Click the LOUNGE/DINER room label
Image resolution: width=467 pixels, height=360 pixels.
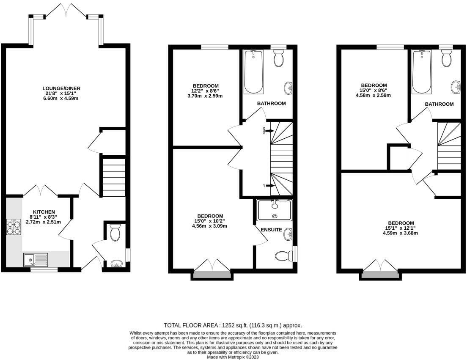61,88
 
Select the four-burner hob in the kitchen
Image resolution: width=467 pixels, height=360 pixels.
14,227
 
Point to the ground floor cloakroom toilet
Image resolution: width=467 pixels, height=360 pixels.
115,233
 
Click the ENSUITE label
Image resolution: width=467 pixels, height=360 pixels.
271,230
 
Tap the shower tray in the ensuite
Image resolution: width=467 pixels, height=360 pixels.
275,210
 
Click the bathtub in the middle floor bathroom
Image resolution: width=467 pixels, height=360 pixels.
253,72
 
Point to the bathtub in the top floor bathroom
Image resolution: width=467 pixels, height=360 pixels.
421,72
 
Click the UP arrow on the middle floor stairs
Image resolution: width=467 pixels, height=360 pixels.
269,186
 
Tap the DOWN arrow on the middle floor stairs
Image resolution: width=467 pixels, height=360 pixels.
269,131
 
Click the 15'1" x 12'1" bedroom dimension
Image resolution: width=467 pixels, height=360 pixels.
401,228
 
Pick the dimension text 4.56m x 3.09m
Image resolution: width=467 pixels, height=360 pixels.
210,226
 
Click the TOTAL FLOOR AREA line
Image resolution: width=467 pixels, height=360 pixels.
233,325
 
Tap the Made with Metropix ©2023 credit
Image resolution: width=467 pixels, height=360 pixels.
233,357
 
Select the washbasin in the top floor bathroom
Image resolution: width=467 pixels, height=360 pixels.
456,87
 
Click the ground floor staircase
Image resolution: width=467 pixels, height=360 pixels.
114,178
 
